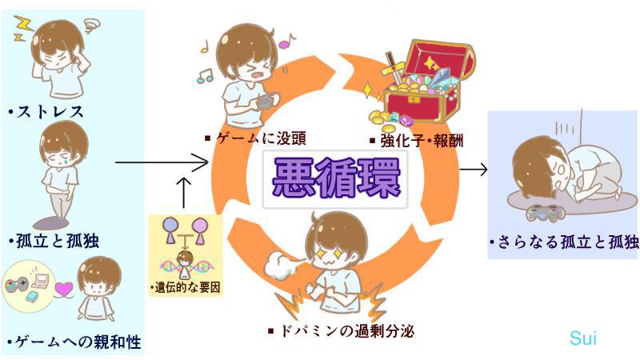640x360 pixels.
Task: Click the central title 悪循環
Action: click(335, 181)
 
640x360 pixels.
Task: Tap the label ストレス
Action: click(48, 111)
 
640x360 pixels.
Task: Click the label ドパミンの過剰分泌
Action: click(343, 329)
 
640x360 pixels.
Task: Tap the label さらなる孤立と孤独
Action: click(564, 241)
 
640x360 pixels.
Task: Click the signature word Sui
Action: click(583, 338)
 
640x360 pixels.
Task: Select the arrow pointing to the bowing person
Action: click(474, 169)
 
